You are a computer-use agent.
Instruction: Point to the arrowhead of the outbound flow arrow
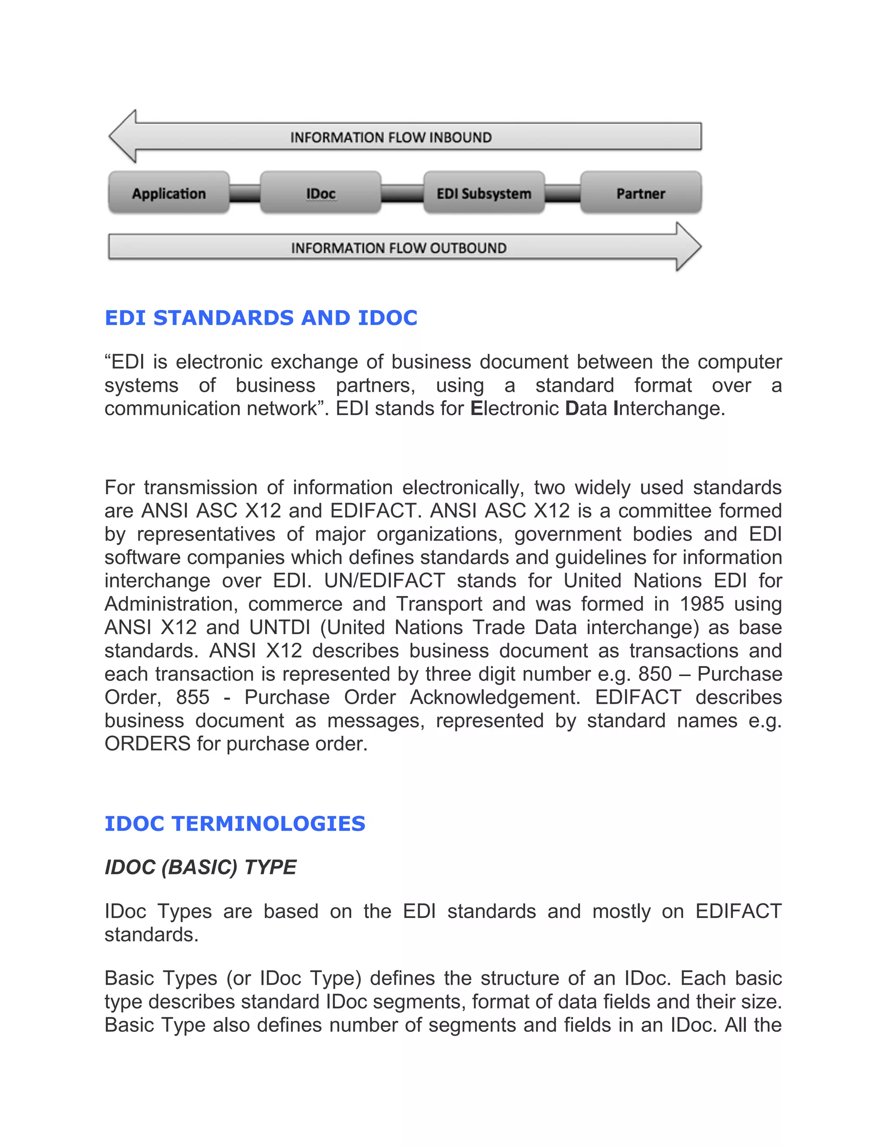click(688, 247)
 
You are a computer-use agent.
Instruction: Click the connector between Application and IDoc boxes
click(245, 193)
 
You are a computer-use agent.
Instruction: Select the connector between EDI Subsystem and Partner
click(563, 193)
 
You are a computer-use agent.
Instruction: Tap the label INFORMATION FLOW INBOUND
click(391, 138)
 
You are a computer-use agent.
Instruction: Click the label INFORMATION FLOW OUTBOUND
click(399, 248)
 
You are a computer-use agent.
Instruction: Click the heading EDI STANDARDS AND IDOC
click(261, 318)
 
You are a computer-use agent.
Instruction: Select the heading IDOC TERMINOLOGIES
click(235, 824)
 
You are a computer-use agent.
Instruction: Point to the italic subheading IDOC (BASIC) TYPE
click(200, 867)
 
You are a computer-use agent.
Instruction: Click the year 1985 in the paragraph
click(702, 604)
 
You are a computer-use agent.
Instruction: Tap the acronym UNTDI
click(281, 628)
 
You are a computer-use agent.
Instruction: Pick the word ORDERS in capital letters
click(147, 744)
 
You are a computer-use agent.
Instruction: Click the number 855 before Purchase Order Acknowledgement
click(193, 697)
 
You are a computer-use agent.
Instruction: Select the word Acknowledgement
click(495, 697)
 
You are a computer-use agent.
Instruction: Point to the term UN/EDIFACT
click(384, 581)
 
